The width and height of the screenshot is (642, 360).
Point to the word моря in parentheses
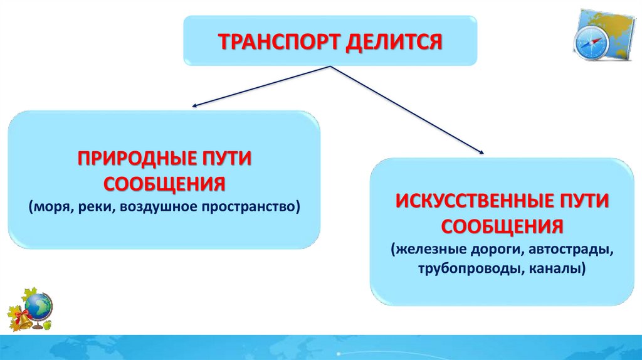pyautogui.click(x=51, y=206)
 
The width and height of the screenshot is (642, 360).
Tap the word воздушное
pyautogui.click(x=159, y=206)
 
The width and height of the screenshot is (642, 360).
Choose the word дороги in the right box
pyautogui.click(x=490, y=249)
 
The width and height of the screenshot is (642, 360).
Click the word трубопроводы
pyautogui.click(x=459, y=268)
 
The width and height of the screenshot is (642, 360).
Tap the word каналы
pyautogui.click(x=556, y=268)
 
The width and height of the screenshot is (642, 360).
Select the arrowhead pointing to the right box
pyautogui.click(x=482, y=152)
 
